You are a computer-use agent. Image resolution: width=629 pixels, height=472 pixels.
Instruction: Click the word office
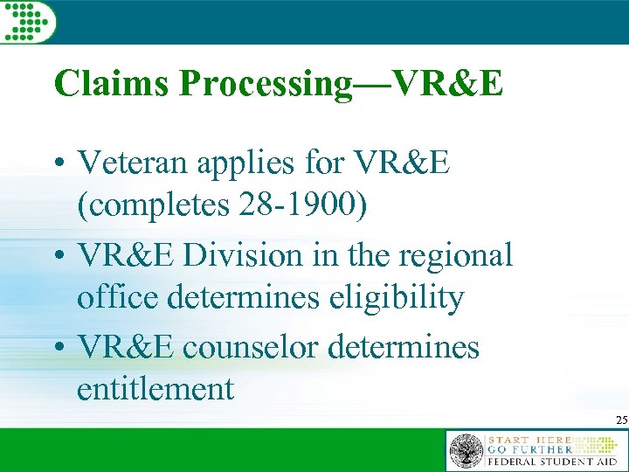pyautogui.click(x=114, y=299)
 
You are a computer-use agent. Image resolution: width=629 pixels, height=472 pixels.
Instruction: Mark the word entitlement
pyautogui.click(x=156, y=389)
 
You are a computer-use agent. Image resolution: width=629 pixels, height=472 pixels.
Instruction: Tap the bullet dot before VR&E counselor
pyautogui.click(x=60, y=348)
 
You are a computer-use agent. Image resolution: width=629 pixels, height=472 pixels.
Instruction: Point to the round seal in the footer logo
pyautogui.click(x=466, y=451)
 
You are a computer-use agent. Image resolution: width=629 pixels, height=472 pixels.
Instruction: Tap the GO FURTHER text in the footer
pyautogui.click(x=540, y=448)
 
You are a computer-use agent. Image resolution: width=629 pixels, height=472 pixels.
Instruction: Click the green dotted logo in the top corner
pyautogui.click(x=27, y=20)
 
